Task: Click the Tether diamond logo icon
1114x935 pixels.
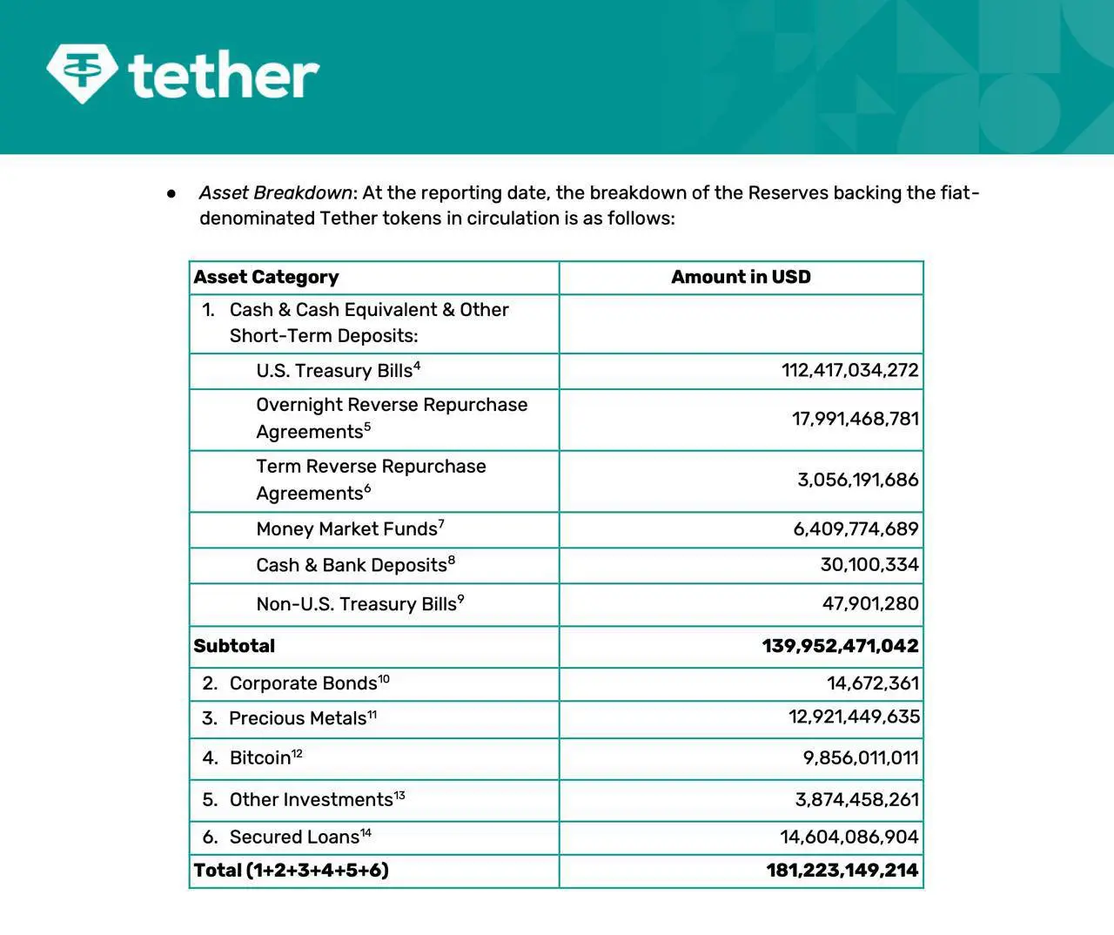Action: click(83, 72)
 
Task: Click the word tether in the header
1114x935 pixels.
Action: click(224, 76)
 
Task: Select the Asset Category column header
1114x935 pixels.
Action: click(266, 277)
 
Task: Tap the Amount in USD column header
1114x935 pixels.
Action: click(741, 277)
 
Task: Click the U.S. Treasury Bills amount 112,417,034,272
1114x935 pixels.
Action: click(849, 370)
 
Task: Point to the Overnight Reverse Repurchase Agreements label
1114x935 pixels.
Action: click(392, 418)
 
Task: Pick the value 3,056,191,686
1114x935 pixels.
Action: click(857, 480)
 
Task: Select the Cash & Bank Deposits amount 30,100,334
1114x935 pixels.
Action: click(869, 564)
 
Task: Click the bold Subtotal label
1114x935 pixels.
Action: click(234, 646)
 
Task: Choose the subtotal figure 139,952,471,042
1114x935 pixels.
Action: click(840, 646)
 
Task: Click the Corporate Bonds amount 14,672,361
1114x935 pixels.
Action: click(872, 683)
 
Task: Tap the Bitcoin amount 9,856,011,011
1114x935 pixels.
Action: click(860, 757)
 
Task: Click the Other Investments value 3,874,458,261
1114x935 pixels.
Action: click(856, 799)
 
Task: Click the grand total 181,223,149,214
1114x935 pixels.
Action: click(842, 871)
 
